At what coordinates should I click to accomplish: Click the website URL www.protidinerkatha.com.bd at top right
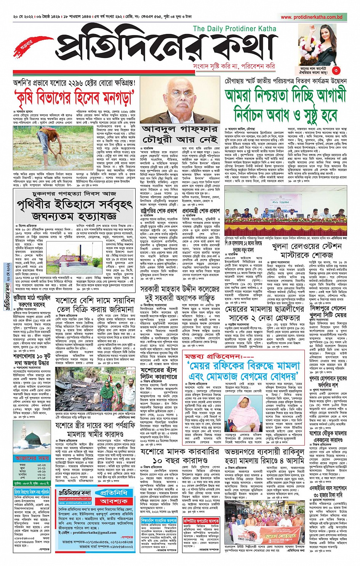311,17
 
